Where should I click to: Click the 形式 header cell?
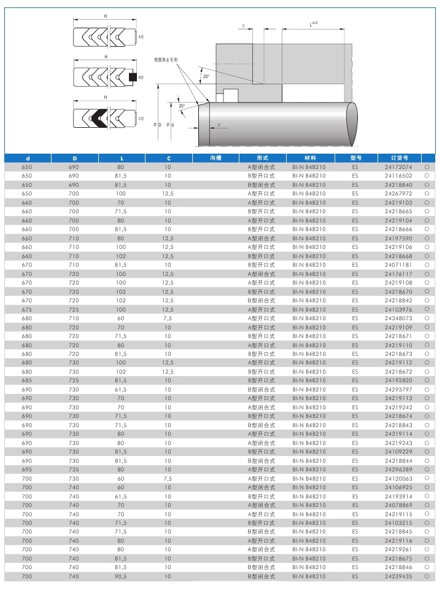[262, 158]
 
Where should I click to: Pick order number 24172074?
[398, 167]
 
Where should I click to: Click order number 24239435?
[398, 576]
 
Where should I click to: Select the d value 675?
[27, 310]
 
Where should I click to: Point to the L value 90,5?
[120, 576]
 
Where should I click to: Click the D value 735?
[74, 470]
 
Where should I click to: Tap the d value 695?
[27, 470]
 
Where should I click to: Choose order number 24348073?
[398, 318]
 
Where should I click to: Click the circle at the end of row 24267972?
[426, 194]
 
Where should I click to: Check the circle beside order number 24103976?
[426, 310]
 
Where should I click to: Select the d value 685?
[27, 381]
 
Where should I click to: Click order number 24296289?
[398, 470]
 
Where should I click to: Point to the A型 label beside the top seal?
[141, 37]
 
